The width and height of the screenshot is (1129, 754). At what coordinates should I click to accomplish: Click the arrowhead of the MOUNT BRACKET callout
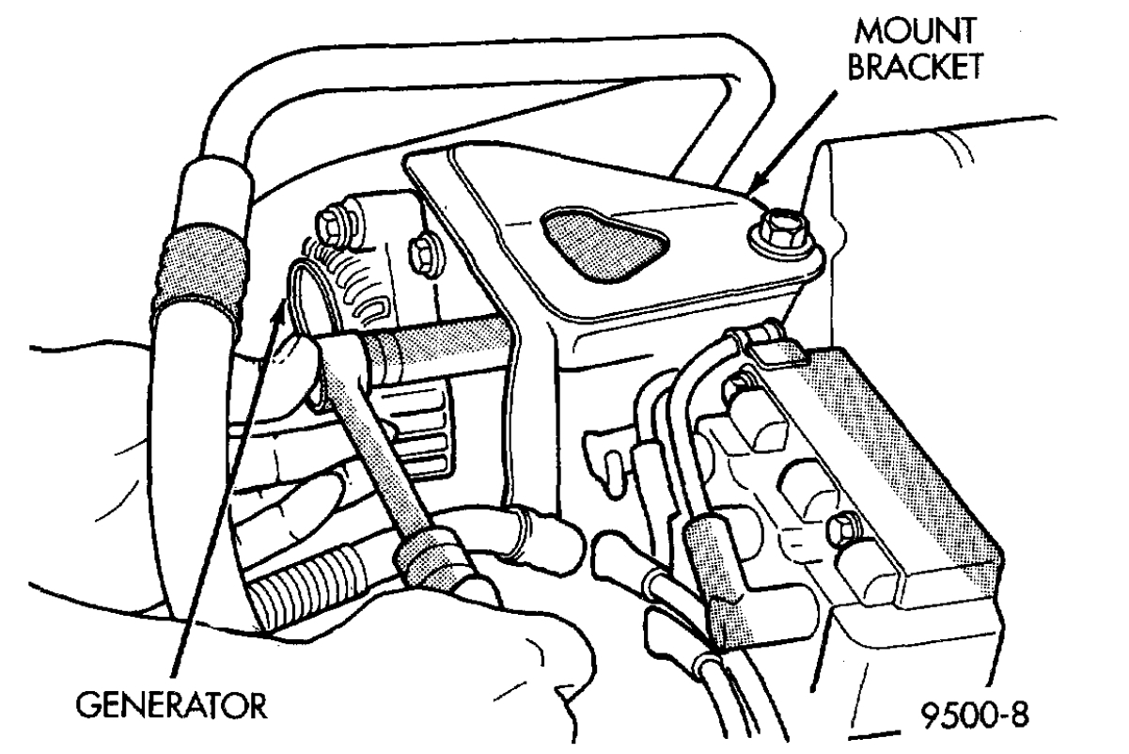pyautogui.click(x=757, y=188)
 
